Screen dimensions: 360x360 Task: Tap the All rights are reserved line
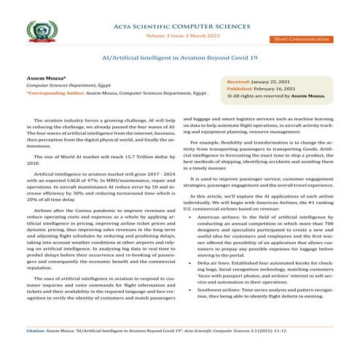[275, 95]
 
